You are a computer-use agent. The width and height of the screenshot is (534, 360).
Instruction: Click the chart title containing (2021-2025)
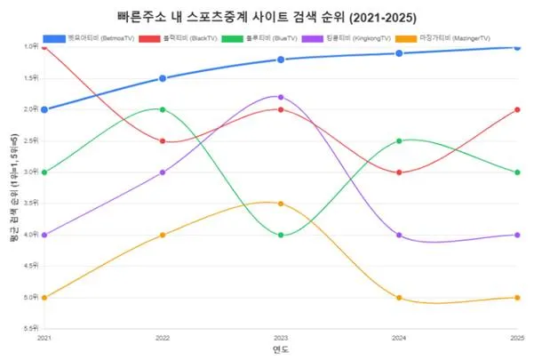pyautogui.click(x=266, y=17)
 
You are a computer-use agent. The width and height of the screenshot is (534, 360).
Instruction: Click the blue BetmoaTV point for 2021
pyautogui.click(x=44, y=109)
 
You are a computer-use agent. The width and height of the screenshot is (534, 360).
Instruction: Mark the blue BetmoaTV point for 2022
pyautogui.click(x=163, y=78)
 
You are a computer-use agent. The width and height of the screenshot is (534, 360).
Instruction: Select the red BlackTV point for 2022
pyautogui.click(x=163, y=140)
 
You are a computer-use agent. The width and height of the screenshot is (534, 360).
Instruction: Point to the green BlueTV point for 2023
pyautogui.click(x=281, y=235)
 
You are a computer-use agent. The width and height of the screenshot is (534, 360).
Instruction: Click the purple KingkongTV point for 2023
pyautogui.click(x=281, y=97)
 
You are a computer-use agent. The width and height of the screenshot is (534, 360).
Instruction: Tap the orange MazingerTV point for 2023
pyautogui.click(x=281, y=204)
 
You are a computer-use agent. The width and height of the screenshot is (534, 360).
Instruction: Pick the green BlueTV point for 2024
pyautogui.click(x=399, y=140)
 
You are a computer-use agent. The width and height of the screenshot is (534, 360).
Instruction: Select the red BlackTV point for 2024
pyautogui.click(x=399, y=172)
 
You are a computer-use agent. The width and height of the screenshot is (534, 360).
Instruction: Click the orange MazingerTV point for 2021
pyautogui.click(x=44, y=297)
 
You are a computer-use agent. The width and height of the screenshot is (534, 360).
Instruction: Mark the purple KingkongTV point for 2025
pyautogui.click(x=517, y=235)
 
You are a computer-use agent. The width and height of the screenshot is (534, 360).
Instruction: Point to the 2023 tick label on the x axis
pyautogui.click(x=281, y=339)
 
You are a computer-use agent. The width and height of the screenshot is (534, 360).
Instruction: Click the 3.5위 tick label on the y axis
pyautogui.click(x=30, y=204)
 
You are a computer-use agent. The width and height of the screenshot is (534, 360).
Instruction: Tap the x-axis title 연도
pyautogui.click(x=281, y=350)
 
